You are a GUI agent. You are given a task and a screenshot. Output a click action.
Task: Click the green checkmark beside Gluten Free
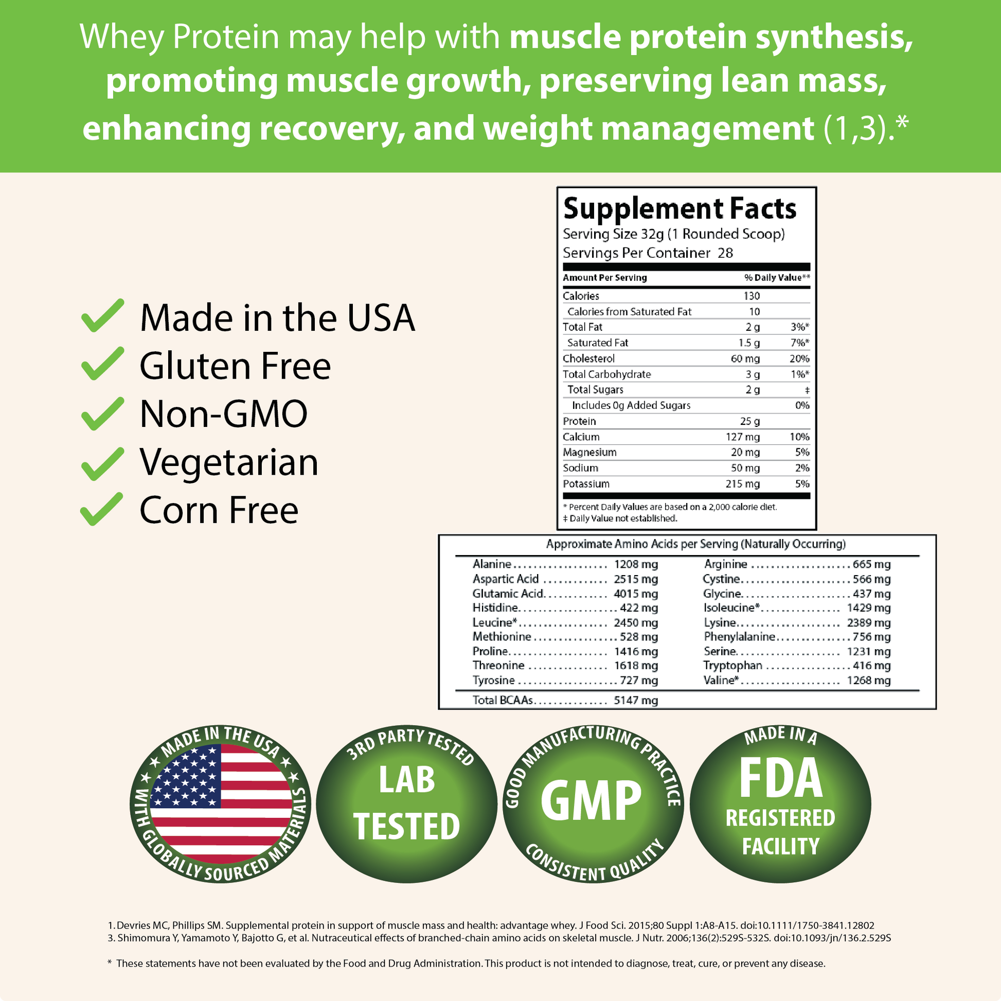pos(102,364)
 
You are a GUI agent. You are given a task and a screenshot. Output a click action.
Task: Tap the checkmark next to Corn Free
pos(102,509)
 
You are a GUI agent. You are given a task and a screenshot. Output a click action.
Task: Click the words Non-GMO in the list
pos(224,414)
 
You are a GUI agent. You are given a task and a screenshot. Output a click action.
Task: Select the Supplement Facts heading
pos(680,209)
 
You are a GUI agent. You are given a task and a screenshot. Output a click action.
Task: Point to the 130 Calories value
pos(752,296)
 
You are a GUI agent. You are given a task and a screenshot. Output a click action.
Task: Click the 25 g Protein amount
pos(749,421)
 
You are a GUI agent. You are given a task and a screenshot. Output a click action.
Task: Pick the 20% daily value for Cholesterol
pos(799,359)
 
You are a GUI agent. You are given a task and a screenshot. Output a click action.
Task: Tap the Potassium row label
pos(586,484)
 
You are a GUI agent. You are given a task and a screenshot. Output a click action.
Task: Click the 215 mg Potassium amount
pos(742,484)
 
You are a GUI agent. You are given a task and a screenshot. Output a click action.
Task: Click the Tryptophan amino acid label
pos(732,666)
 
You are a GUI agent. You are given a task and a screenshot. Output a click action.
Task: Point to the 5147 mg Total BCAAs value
pos(636,701)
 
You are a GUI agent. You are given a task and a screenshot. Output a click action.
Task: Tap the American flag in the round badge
pos(221,803)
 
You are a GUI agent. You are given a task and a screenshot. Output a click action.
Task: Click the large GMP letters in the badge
pos(591,800)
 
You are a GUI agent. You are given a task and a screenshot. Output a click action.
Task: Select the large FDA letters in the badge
pos(781,778)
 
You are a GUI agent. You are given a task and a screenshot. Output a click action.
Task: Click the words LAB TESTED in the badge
pos(407,802)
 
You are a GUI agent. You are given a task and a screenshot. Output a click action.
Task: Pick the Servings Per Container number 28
pos(725,253)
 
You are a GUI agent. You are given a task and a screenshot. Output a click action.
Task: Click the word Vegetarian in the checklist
pos(229,462)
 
